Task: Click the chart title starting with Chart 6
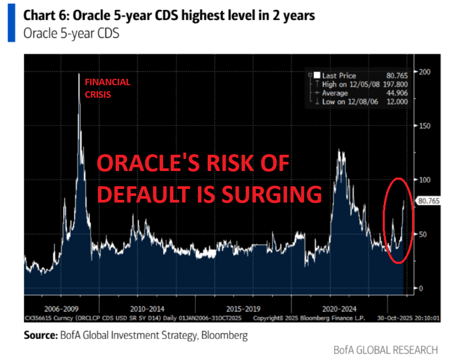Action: (x=169, y=15)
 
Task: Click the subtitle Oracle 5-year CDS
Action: (x=71, y=34)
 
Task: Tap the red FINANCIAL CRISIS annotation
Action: (x=107, y=88)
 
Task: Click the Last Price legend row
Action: (x=359, y=76)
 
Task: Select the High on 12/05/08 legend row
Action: (x=359, y=85)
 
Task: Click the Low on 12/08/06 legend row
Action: (x=359, y=102)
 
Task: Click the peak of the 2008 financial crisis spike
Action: (x=79, y=74)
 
